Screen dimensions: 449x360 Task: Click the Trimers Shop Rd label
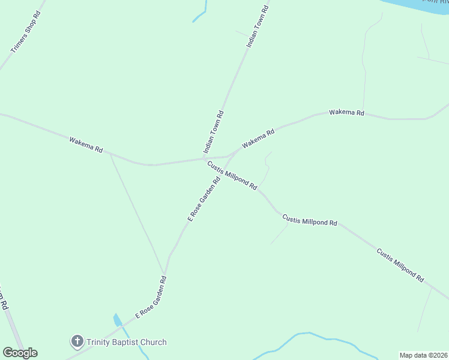coord(26,40)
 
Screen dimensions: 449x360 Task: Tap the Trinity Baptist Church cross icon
coord(77,342)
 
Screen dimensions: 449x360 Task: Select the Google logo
coord(20,353)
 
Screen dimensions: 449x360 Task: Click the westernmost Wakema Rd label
coord(86,145)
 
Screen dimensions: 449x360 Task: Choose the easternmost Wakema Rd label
coord(346,113)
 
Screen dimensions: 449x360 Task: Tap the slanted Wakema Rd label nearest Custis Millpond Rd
coord(258,139)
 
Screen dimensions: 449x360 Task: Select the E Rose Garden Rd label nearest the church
coord(150,297)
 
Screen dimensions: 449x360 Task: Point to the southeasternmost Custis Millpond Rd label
coord(400,265)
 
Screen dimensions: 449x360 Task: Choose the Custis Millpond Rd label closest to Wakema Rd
coord(232,175)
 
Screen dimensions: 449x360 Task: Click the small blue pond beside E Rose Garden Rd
coord(118,320)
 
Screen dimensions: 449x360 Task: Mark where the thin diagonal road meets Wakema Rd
coord(110,154)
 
